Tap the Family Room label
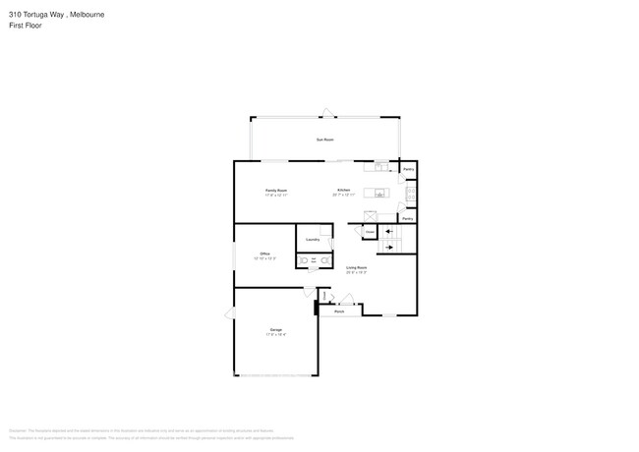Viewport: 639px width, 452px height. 276,192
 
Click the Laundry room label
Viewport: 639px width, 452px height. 312,239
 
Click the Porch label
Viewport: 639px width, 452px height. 339,311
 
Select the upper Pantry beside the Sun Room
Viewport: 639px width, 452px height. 408,170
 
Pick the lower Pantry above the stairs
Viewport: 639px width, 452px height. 407,219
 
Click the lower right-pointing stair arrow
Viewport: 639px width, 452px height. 390,247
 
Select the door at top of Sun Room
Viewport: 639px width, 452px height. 325,112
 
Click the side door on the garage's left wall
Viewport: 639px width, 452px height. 230,313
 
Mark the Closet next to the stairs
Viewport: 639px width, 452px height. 370,233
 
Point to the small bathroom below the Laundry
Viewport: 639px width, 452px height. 313,261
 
